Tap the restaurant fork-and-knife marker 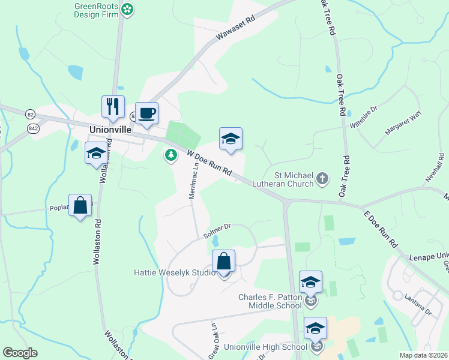coord(113,107)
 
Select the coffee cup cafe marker coord(146,113)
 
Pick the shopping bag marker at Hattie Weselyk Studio coord(223,262)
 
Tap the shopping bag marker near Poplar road coord(80,206)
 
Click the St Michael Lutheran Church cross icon coord(322,178)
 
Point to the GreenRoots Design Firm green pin coord(127,8)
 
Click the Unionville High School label coord(265,347)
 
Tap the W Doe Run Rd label coord(208,163)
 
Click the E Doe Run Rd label coord(381,228)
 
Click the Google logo coord(20,352)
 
